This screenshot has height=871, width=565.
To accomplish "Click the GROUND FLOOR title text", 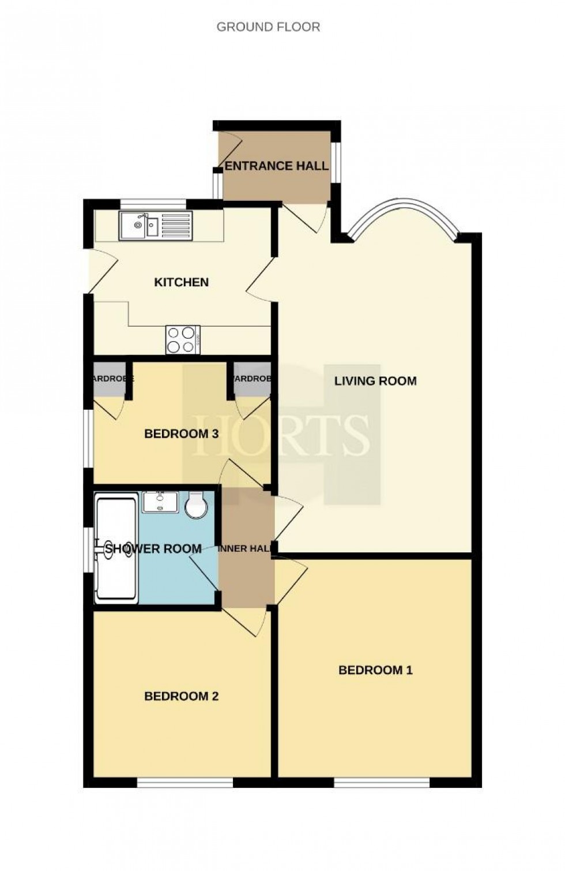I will point(268,27).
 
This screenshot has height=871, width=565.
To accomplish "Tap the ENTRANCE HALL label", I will point(277,166).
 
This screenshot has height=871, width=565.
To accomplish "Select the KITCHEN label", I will point(181,282).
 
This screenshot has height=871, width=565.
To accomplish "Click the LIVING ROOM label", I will point(375,381).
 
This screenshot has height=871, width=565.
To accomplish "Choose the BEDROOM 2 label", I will point(181,696).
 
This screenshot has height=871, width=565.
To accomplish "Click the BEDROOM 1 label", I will point(375,670).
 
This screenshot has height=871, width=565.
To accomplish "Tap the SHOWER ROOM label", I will point(153,549).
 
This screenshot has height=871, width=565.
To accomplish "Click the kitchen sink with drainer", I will point(155,226).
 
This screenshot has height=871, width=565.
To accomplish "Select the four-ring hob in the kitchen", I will point(183,339).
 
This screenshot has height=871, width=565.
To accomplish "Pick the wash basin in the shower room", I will point(161,502).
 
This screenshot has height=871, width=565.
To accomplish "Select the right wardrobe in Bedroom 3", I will point(252,380).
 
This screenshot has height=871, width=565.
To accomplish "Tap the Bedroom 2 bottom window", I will point(184,783).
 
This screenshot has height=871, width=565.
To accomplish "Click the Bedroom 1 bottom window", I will point(382,783).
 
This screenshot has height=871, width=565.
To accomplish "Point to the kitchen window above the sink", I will point(153,203).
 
